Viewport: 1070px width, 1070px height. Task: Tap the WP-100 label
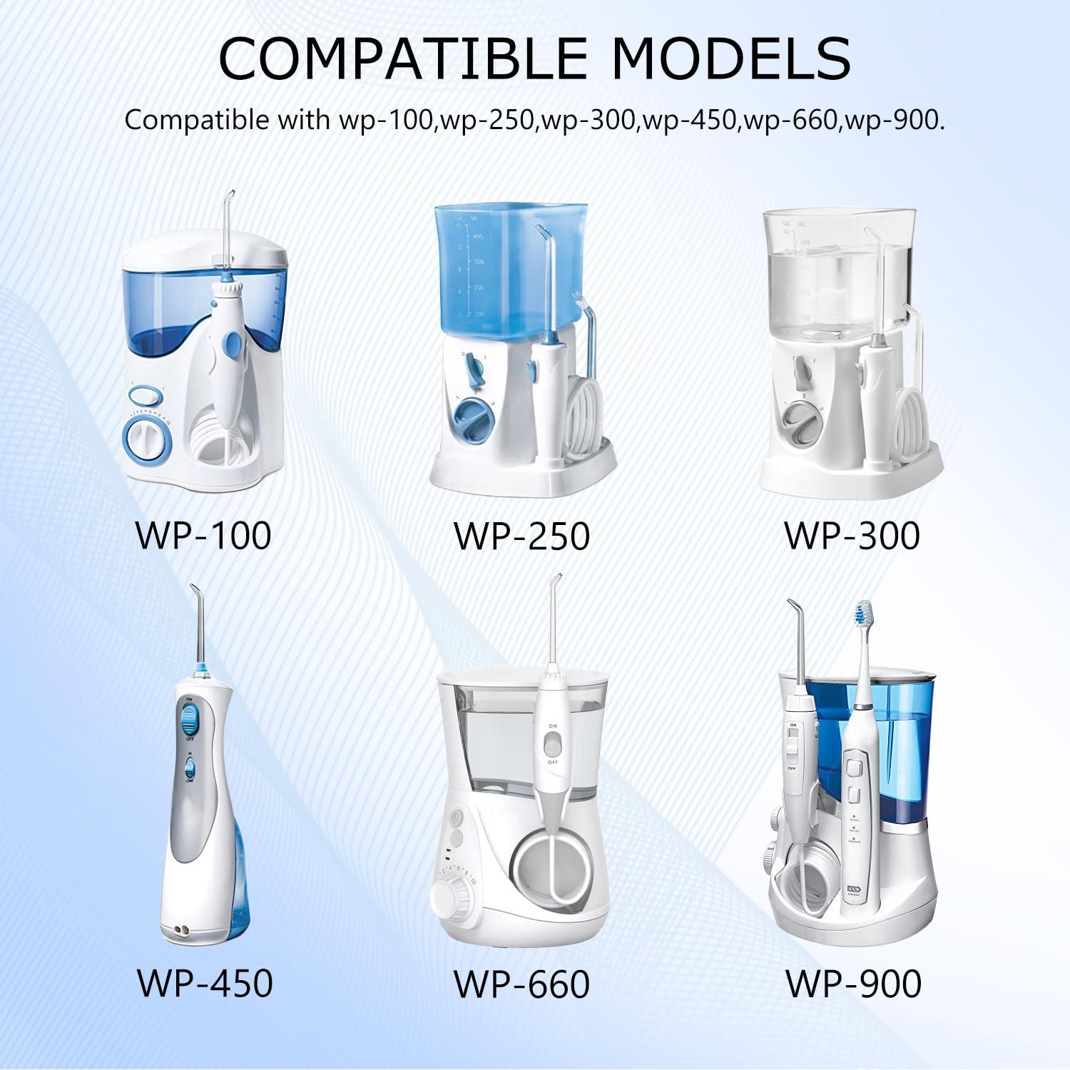click(x=203, y=536)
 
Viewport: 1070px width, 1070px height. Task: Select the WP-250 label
click(x=522, y=536)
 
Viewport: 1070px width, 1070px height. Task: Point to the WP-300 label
click(x=852, y=536)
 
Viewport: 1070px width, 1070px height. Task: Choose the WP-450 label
click(x=205, y=982)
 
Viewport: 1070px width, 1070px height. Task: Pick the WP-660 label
click(x=522, y=984)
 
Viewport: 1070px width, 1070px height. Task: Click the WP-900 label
click(x=853, y=984)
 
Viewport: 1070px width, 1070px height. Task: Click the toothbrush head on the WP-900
click(x=863, y=612)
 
